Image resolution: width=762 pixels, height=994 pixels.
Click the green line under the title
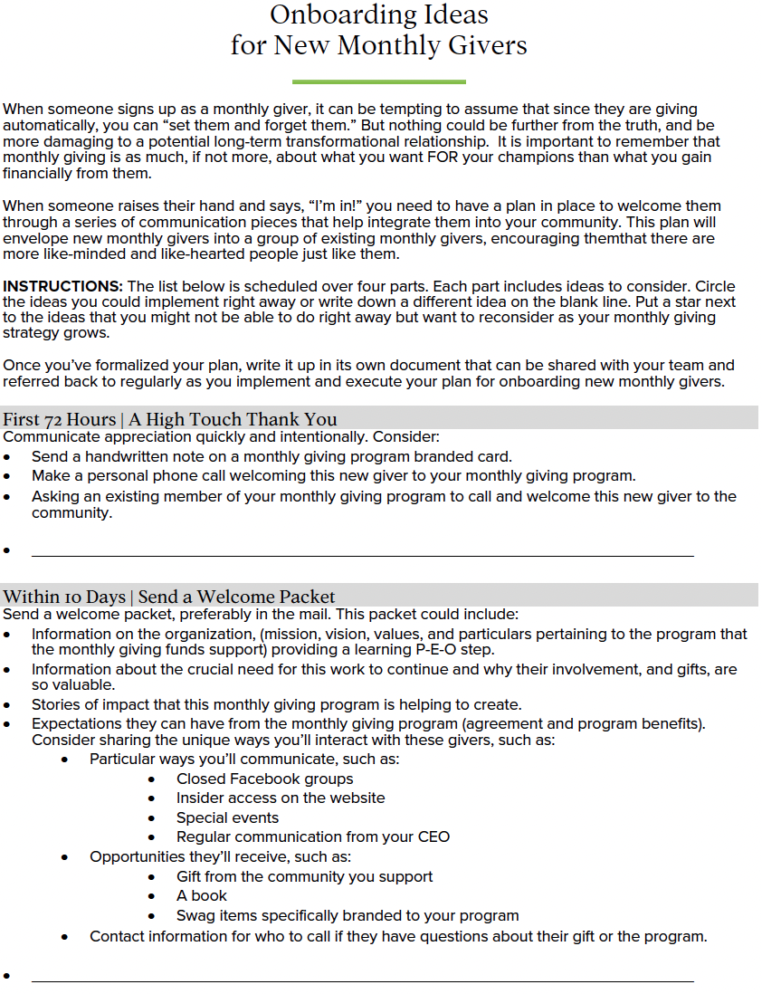pyautogui.click(x=379, y=82)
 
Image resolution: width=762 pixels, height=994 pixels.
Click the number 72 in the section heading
pyautogui.click(x=52, y=419)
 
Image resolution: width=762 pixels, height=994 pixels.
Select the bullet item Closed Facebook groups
pyautogui.click(x=264, y=779)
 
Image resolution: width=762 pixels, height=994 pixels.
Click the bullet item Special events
pyautogui.click(x=227, y=817)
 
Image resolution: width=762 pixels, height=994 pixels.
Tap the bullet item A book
pyautogui.click(x=202, y=895)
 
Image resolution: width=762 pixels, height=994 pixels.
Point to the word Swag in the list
pyautogui.click(x=196, y=915)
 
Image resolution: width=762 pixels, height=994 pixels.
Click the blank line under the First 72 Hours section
pyautogui.click(x=362, y=555)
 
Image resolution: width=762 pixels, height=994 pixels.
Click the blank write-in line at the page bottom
pyautogui.click(x=362, y=980)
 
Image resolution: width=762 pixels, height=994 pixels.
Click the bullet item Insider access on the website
pyautogui.click(x=281, y=798)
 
